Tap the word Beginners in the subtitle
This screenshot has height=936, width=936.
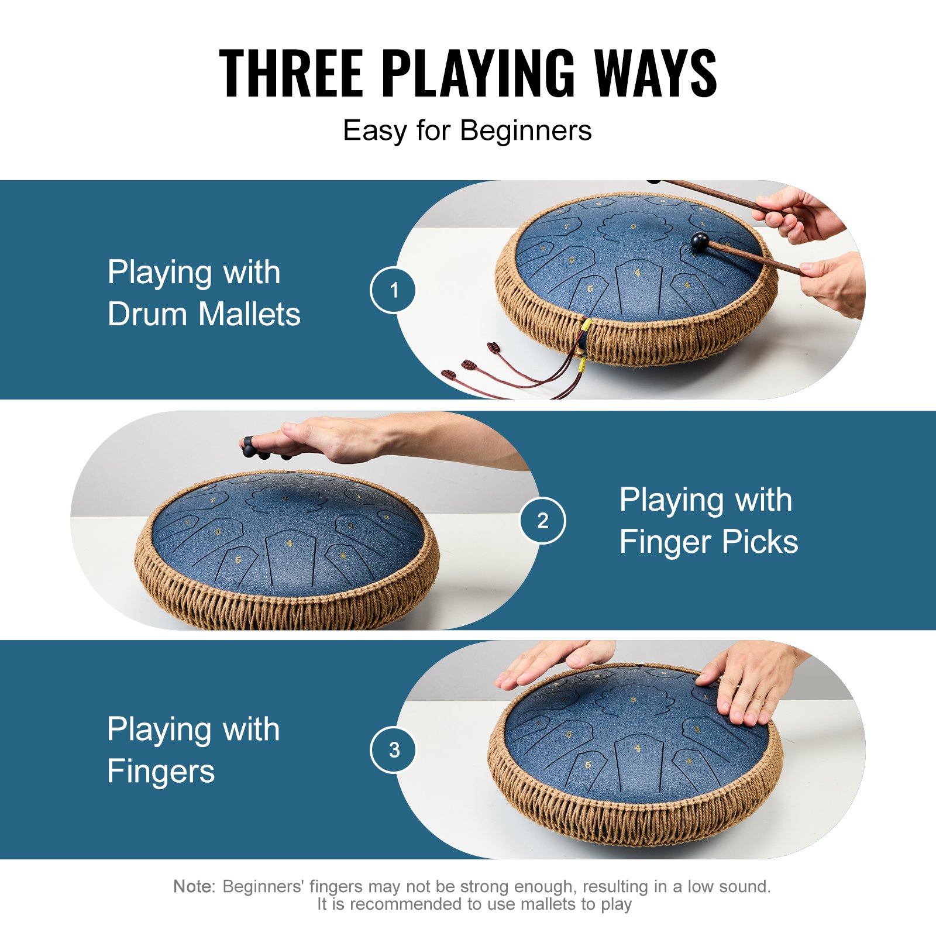[x=526, y=130]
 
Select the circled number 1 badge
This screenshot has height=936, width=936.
[x=393, y=290]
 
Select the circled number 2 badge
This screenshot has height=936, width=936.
[x=542, y=520]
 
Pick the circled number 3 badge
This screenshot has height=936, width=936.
[x=393, y=749]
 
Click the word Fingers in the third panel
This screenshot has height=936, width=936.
[x=161, y=771]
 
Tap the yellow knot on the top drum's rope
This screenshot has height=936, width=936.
[x=586, y=324]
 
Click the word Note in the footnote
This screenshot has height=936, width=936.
[x=194, y=886]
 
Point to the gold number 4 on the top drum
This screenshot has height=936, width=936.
[x=638, y=273]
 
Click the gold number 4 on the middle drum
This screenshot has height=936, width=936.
[x=290, y=543]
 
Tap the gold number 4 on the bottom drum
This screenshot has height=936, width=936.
[x=638, y=748]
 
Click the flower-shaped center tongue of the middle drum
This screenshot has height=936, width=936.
[x=285, y=499]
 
